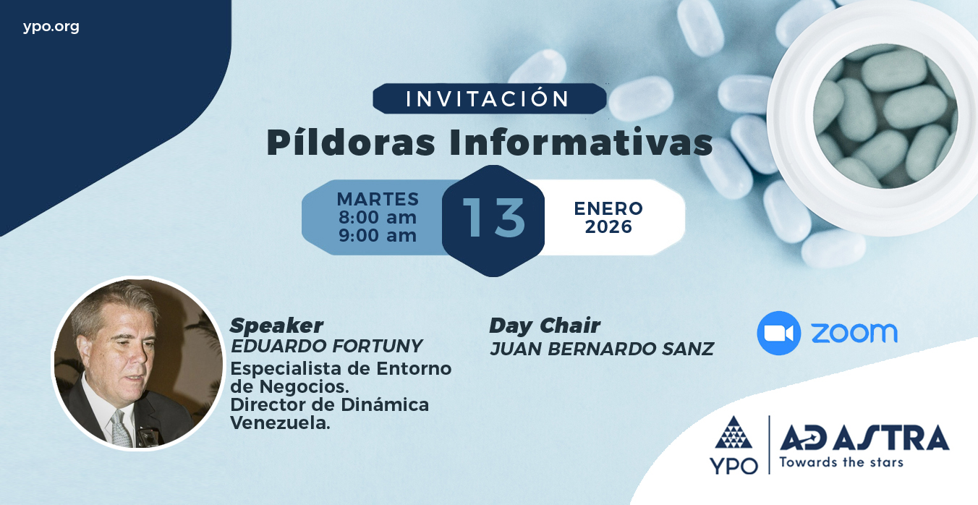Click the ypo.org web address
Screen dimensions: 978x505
coord(51,27)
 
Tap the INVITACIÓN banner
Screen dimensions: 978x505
coord(490,98)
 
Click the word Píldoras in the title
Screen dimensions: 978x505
coord(351,143)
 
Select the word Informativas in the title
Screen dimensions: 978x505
coord(581,142)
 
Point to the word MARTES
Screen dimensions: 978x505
coord(378,199)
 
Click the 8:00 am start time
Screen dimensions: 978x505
coord(378,217)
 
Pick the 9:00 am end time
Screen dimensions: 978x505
coord(378,235)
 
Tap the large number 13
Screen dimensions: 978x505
coord(493,218)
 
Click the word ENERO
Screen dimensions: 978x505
coord(608,208)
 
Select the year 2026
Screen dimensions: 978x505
coord(608,226)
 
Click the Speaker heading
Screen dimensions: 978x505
coord(277,326)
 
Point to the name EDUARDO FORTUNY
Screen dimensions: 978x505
coord(326,347)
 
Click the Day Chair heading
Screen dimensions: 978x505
coord(545,326)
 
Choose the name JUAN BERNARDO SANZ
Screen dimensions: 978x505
coord(602,349)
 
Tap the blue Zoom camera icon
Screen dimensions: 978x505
coord(779,333)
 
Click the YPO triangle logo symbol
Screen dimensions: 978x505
coord(733,432)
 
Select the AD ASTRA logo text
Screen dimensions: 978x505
coord(864,438)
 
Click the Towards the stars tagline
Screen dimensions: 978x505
coord(841,462)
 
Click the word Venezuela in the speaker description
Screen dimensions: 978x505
coord(280,423)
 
